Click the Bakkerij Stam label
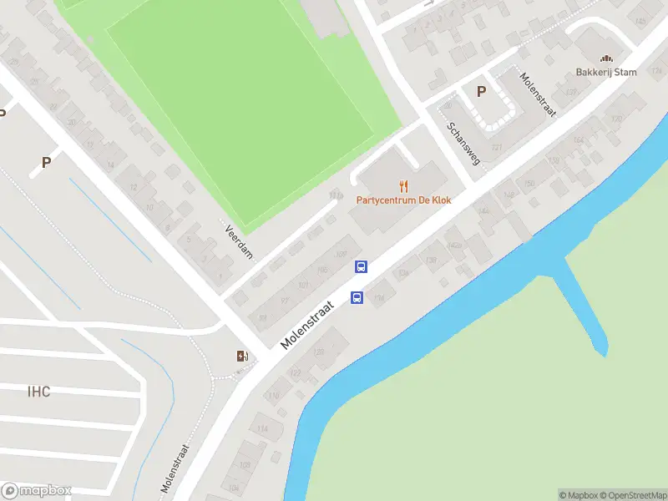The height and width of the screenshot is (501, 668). tap(606, 72)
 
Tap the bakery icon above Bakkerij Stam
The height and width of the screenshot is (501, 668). tap(606, 58)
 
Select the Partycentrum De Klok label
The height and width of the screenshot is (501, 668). tap(404, 200)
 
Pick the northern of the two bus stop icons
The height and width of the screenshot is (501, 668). tap(362, 267)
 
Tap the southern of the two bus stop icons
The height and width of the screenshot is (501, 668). tap(357, 297)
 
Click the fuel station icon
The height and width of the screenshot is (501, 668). tap(242, 357)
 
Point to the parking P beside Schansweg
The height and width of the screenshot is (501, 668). tap(480, 92)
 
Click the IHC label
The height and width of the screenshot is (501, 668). tap(38, 392)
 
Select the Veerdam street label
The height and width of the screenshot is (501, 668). tap(239, 241)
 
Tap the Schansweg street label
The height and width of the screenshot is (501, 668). tap(463, 143)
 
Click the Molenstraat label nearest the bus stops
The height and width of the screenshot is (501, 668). tap(307, 326)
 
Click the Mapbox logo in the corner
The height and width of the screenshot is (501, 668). tap(36, 491)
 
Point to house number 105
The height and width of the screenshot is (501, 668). tap(322, 270)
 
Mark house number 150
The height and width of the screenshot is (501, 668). tap(528, 184)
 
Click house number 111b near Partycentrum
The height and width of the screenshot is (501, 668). tap(336, 196)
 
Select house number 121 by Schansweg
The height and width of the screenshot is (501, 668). tap(498, 148)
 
